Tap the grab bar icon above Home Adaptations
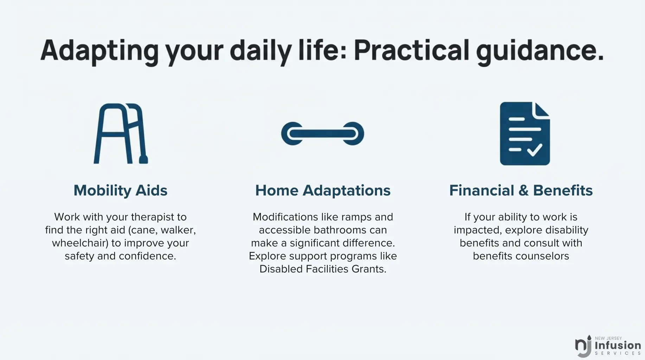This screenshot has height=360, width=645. [322, 134]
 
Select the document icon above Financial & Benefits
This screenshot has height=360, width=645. [525, 134]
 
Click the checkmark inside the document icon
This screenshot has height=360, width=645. [535, 150]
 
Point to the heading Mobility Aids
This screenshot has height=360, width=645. [120, 191]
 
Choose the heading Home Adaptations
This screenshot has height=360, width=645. [323, 191]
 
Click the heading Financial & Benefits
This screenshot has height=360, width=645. [521, 191]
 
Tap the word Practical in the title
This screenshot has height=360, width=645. [411, 50]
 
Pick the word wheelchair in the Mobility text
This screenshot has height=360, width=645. [80, 243]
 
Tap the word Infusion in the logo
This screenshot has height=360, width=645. [618, 345]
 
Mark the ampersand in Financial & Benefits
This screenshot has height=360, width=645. [524, 191]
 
